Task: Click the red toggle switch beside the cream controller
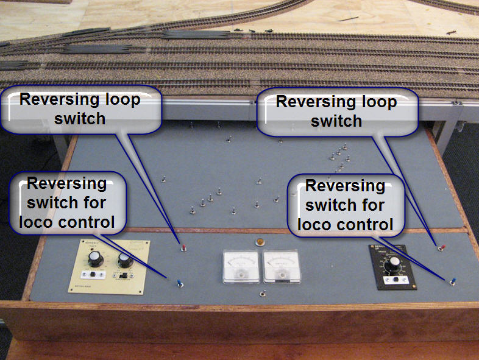coord(182,247)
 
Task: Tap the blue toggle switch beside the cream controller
coord(180,282)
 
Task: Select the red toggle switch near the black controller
coord(441,247)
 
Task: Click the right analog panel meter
coord(281,267)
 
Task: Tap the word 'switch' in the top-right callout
coord(336,121)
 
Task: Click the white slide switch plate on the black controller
coord(396,280)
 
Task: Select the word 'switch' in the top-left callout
coord(80,118)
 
